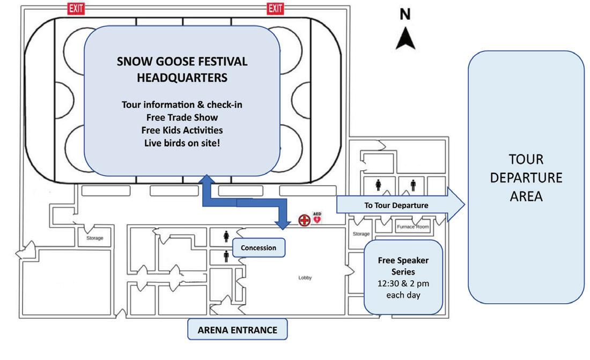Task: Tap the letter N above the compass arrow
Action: coord(405,14)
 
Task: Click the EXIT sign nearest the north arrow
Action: coord(275,8)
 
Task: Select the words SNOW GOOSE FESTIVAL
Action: coord(182,62)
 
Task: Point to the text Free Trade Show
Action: coord(182,117)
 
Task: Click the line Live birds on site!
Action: coord(182,143)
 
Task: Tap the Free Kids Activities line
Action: coord(182,130)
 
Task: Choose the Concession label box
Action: coord(259,248)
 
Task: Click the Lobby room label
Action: coord(305,278)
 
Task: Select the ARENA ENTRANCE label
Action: coord(237,330)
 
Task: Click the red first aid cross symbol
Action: coord(304,220)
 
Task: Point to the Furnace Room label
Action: coord(412,227)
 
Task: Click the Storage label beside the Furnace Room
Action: coord(361,234)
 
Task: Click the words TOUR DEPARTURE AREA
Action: coord(526,178)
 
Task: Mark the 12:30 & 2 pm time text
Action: coord(403,283)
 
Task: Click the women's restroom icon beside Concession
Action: coord(226,237)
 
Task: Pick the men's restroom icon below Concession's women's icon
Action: coord(226,256)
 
